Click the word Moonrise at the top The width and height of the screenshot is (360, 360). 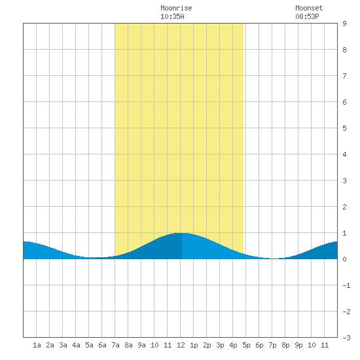tap(176, 8)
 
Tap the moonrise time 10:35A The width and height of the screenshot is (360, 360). tap(172, 16)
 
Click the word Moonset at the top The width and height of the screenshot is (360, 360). tap(309, 8)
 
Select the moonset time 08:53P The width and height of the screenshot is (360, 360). tap(307, 16)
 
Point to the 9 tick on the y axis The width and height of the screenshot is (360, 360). tap(344, 24)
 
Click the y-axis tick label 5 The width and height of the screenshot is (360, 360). tap(344, 128)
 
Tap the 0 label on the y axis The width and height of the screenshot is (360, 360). tap(344, 259)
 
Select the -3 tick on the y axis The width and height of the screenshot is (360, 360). tap(346, 338)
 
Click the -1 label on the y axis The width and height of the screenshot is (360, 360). tap(346, 285)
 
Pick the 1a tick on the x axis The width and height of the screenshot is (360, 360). tap(37, 345)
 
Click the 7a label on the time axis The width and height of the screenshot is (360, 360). tap(115, 345)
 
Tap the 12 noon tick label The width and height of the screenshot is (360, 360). tap(181, 345)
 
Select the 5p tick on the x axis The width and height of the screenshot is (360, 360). tap(246, 345)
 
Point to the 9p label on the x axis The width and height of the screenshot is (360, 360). tap(298, 345)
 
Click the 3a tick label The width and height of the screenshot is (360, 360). tap(63, 345)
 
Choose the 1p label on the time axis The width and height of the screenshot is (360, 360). tap(194, 345)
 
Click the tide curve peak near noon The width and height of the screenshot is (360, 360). tap(182, 233)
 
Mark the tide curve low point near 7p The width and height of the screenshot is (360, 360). tap(274, 259)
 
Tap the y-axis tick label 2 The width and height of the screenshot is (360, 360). tap(344, 207)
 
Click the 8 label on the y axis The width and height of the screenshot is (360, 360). tap(344, 50)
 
